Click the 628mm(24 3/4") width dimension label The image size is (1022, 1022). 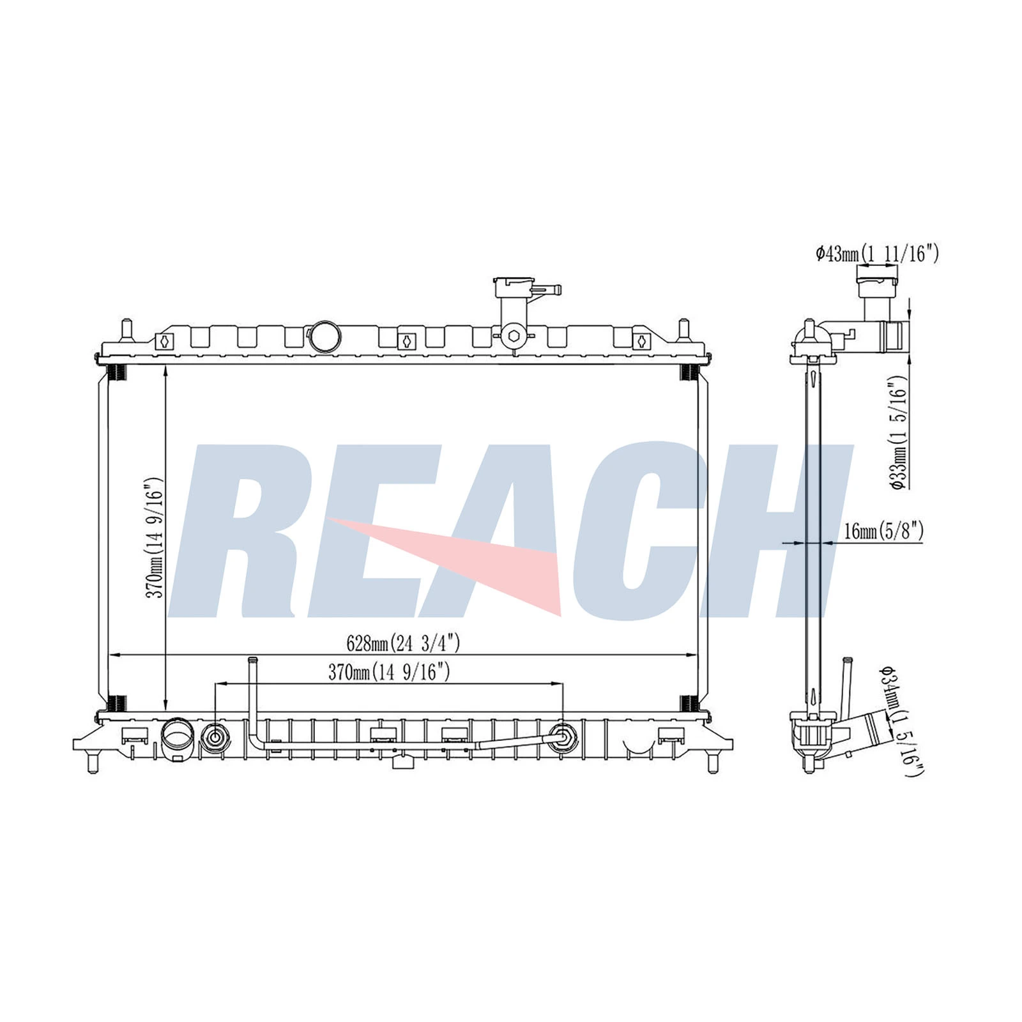pyautogui.click(x=403, y=643)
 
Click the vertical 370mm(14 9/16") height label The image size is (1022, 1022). pyautogui.click(x=155, y=537)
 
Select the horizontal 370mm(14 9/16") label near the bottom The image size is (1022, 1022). pyautogui.click(x=389, y=672)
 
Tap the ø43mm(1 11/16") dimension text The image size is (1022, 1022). pyautogui.click(x=877, y=254)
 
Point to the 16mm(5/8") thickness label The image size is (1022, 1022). pyautogui.click(x=883, y=531)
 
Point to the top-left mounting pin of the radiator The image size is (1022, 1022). pyautogui.click(x=126, y=330)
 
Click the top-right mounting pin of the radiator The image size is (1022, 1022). pyautogui.click(x=683, y=330)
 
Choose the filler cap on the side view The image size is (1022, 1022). pyautogui.click(x=876, y=275)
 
